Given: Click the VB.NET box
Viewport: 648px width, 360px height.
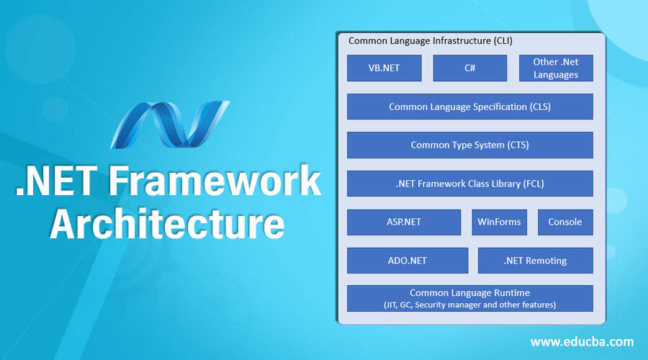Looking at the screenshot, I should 384,68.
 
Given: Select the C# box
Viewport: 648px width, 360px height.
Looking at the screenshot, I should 469,68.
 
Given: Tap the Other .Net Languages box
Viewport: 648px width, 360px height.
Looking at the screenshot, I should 556,68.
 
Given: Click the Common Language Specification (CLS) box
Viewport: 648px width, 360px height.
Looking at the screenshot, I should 469,107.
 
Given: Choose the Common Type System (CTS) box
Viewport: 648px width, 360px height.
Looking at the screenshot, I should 469,145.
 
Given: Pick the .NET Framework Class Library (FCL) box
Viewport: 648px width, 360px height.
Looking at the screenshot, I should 469,184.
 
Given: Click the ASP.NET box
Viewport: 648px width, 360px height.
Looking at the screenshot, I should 403,222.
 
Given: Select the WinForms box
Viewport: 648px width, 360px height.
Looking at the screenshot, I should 499,222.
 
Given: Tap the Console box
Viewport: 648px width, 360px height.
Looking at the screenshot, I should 565,222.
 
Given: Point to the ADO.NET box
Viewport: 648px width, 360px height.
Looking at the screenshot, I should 407,261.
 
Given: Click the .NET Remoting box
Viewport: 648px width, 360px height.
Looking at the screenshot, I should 535,261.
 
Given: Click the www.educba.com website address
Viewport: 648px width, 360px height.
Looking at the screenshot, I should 582,341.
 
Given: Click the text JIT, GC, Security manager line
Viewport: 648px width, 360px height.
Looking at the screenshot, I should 469,305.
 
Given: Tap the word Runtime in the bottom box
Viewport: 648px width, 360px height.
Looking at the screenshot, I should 512,292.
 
